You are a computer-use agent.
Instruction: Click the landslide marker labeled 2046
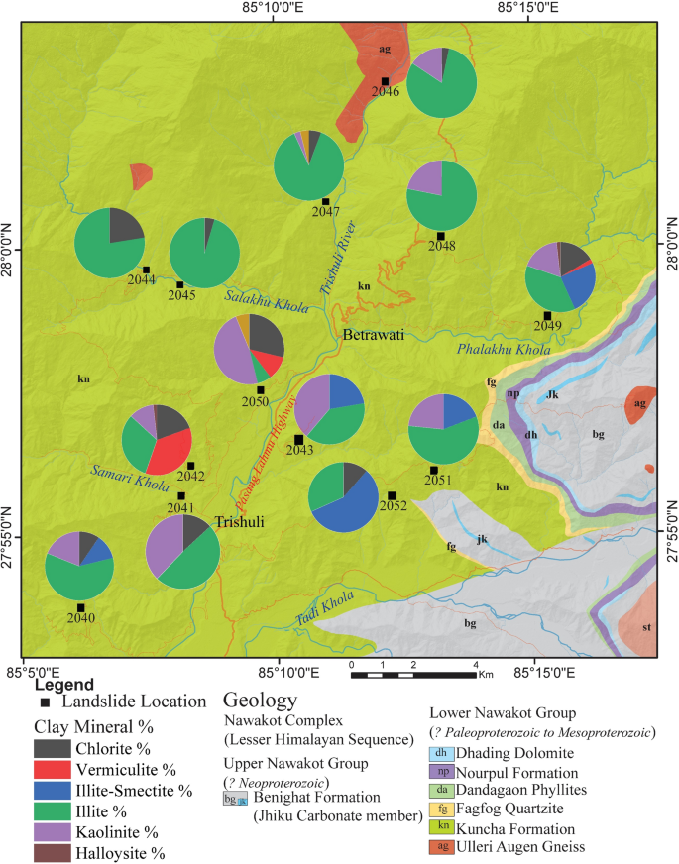pos(385,81)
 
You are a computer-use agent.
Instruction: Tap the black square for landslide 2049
pos(547,315)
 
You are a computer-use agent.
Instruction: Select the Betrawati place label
pos(373,336)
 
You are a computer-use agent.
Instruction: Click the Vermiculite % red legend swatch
pos(53,769)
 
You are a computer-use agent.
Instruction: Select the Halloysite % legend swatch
pos(53,852)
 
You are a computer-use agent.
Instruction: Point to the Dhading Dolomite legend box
pos(442,753)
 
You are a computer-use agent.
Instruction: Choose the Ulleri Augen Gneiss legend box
pos(442,847)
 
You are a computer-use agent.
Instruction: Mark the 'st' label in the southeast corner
pos(646,626)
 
